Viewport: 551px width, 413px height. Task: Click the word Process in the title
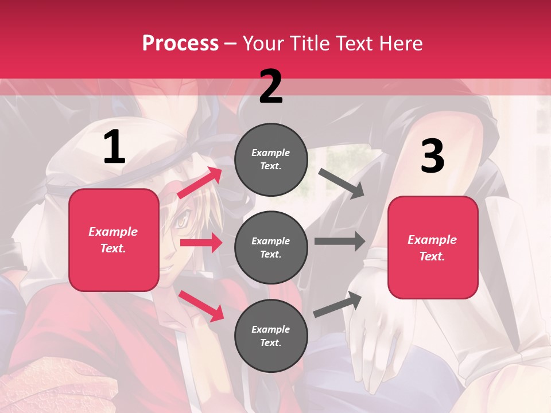click(180, 44)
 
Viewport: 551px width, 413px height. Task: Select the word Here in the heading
click(400, 44)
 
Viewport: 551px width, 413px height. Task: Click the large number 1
click(114, 147)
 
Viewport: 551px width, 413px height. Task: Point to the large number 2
click(271, 87)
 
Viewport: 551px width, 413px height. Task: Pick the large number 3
click(432, 157)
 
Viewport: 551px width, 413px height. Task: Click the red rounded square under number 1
click(114, 240)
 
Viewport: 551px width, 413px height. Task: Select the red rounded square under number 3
click(433, 248)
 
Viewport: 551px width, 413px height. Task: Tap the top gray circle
click(271, 159)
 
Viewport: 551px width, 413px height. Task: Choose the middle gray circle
click(271, 248)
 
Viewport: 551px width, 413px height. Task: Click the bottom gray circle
click(271, 336)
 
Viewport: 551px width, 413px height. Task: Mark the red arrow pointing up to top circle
click(200, 183)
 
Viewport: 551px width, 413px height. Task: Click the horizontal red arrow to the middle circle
click(201, 243)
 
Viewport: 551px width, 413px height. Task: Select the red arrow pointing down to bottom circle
click(201, 306)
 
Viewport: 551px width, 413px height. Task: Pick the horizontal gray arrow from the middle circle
click(340, 241)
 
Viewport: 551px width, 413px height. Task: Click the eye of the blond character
click(182, 219)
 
